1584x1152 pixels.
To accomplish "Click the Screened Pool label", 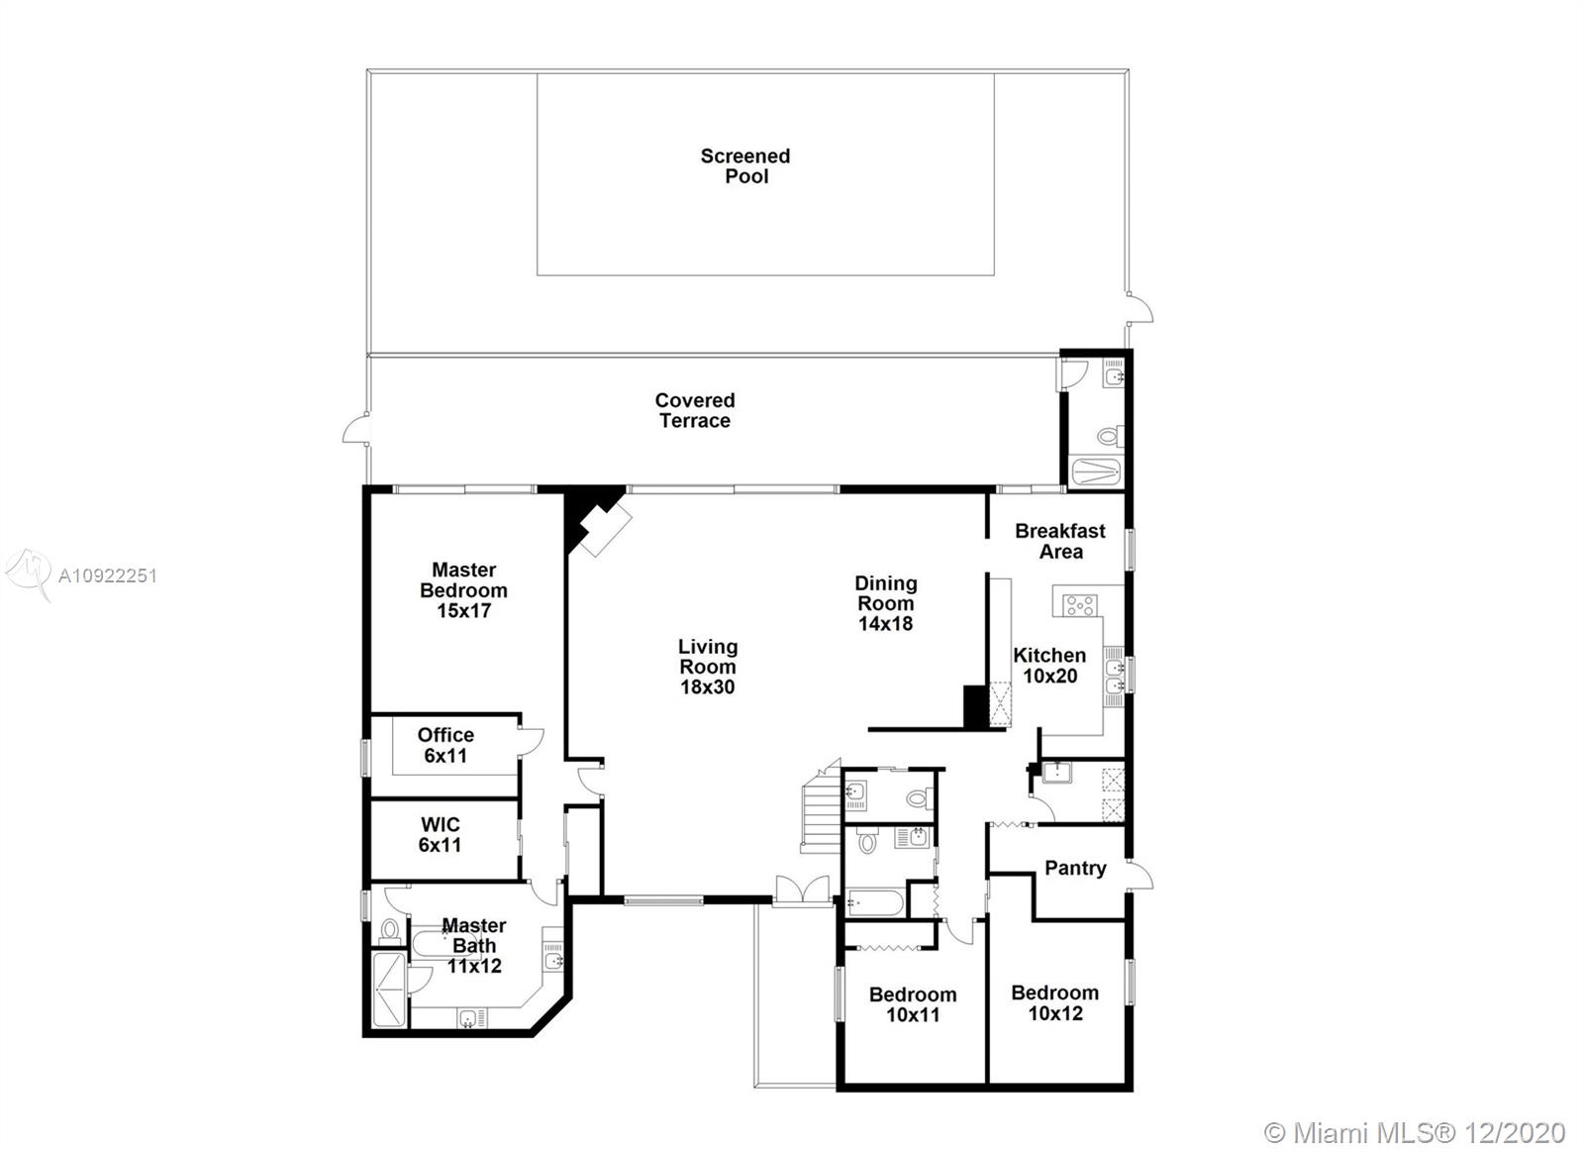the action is [x=745, y=165].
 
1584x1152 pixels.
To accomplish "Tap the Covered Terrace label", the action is [x=695, y=410].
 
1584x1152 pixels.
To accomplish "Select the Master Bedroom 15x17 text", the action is [x=464, y=590].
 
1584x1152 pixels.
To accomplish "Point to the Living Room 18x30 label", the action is [x=708, y=667].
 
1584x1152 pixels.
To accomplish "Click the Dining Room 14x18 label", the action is [x=886, y=603].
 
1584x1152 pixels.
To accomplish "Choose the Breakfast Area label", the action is [x=1060, y=541].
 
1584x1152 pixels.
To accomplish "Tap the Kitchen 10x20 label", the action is [x=1050, y=666].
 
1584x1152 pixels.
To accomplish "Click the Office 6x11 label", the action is [x=445, y=745].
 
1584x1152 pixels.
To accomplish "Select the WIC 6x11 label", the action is [x=440, y=834].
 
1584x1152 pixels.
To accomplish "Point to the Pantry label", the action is [x=1075, y=869].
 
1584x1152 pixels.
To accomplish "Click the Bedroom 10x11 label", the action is [x=913, y=1004].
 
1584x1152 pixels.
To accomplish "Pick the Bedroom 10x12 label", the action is [x=1055, y=1003].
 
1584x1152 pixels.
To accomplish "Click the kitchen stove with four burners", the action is [x=1080, y=606].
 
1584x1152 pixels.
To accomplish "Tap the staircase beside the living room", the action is [x=821, y=806].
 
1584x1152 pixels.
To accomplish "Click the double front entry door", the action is [x=803, y=890].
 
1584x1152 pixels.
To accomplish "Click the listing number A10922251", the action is [x=108, y=576].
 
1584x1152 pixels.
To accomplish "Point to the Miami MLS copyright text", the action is [x=1415, y=1133].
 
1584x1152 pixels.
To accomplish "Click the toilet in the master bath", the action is [x=390, y=930].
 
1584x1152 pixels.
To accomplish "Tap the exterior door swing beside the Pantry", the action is [x=1139, y=876].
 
